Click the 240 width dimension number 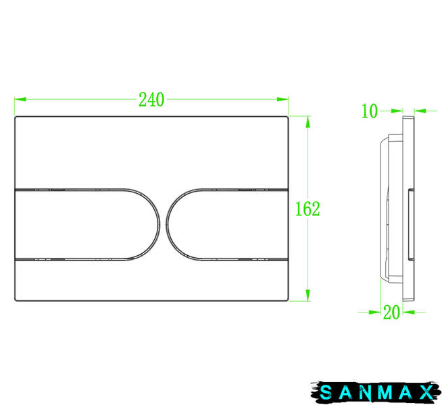pos(151,99)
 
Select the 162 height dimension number pos(308,209)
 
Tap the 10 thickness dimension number pos(369,111)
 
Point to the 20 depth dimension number pos(391,312)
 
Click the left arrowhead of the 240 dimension pos(20,99)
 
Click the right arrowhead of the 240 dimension pos(283,99)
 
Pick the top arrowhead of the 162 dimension pos(308,122)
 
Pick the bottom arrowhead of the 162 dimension pos(308,295)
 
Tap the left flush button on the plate pos(87,224)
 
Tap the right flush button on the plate pos(227,224)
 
